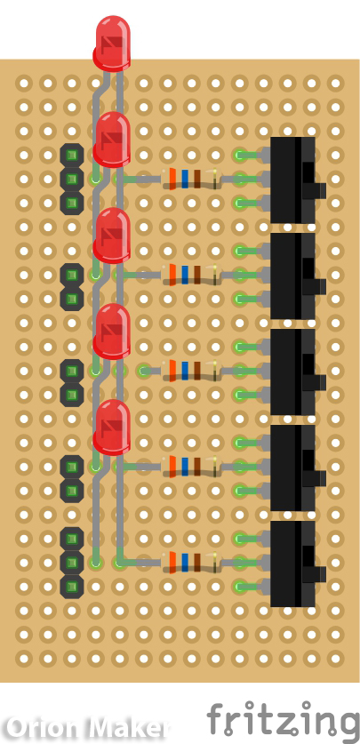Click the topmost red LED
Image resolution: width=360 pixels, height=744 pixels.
click(x=112, y=42)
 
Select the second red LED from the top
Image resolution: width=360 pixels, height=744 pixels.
click(x=112, y=139)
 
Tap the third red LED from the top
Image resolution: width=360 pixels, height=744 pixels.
click(x=112, y=235)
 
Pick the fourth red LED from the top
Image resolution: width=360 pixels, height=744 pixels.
click(x=112, y=331)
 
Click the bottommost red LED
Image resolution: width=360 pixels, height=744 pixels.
click(x=112, y=427)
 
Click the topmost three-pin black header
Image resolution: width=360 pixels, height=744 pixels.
click(x=72, y=179)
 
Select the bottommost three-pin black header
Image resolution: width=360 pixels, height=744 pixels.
click(x=72, y=562)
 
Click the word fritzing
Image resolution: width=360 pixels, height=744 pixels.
click(x=283, y=718)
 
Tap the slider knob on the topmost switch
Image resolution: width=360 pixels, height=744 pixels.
click(x=317, y=190)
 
